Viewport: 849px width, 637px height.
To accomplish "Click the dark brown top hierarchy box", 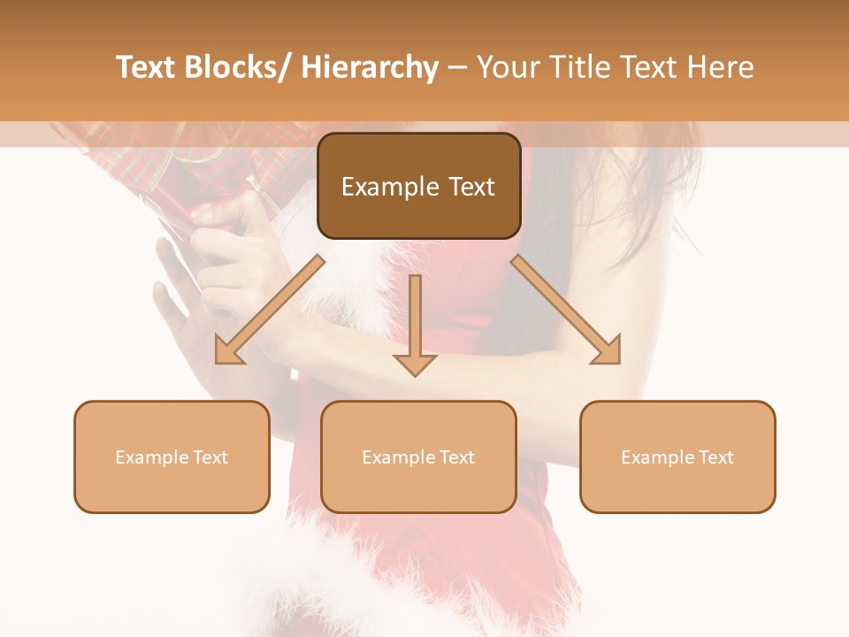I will point(418,186).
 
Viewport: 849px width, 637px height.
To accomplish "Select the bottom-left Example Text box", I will point(172,457).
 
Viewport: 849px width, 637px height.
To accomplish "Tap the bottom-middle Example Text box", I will point(418,457).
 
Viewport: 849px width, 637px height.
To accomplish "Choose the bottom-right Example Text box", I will point(677,457).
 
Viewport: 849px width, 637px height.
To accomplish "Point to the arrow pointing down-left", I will point(270,310).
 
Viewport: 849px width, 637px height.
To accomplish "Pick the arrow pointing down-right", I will point(566,310).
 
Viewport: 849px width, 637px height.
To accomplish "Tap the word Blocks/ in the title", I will point(237,67).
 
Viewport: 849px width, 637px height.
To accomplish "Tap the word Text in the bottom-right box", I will point(715,457).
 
